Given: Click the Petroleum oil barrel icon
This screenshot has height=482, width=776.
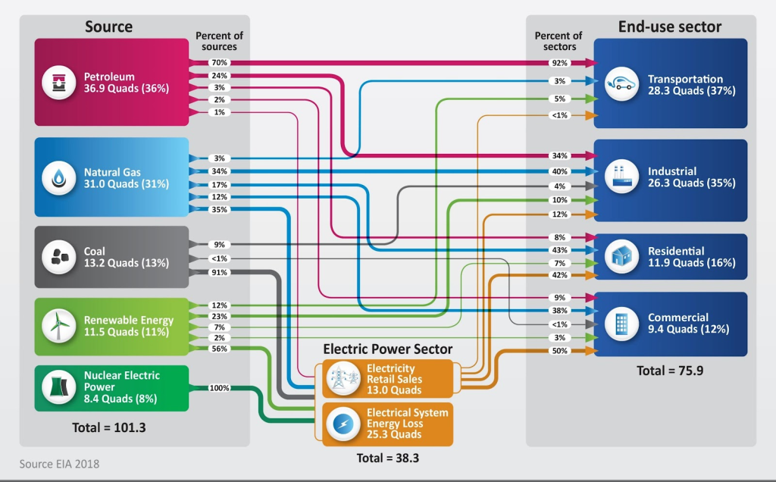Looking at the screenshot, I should click(58, 82).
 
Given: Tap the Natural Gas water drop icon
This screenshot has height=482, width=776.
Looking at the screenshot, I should click(58, 178).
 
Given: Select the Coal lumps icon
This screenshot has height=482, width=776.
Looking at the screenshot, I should click(58, 257).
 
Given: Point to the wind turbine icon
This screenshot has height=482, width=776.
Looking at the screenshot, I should click(58, 326).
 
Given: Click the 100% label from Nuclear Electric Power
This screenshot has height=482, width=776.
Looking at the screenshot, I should click(220, 388).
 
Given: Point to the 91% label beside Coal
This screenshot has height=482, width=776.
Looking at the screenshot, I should click(220, 272).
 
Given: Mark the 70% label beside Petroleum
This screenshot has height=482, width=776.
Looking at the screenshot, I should click(220, 62).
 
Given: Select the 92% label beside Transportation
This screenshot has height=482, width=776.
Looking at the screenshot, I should click(560, 62).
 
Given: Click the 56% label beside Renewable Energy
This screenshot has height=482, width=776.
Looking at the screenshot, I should click(220, 349).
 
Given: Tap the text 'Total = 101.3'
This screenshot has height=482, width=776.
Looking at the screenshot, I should click(109, 427).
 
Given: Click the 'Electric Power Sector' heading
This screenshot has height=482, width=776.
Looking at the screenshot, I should click(387, 349).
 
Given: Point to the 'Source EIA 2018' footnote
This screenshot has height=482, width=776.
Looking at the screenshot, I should click(59, 463).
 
